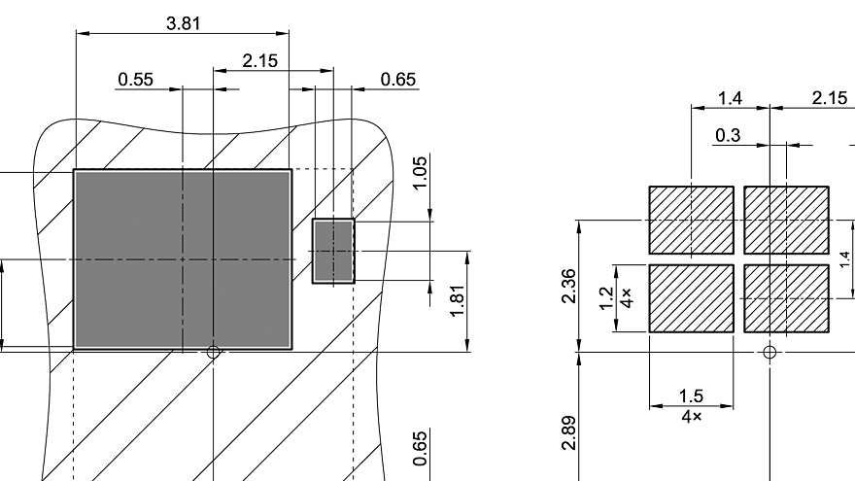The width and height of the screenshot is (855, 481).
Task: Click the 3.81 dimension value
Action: pyautogui.click(x=183, y=23)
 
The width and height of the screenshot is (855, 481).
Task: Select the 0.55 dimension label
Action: pyautogui.click(x=135, y=80)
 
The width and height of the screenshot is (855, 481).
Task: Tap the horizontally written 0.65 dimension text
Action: pyautogui.click(x=398, y=80)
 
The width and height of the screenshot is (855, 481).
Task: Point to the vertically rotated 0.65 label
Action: pyautogui.click(x=420, y=449)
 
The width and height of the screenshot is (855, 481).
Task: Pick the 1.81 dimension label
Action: pyautogui.click(x=458, y=299)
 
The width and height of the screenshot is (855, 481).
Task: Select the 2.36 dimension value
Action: pyautogui.click(x=569, y=287)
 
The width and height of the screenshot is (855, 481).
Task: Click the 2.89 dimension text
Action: pyautogui.click(x=569, y=433)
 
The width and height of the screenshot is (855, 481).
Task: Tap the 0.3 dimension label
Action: pyautogui.click(x=726, y=136)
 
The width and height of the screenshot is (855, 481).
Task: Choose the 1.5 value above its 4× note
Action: pyautogui.click(x=691, y=396)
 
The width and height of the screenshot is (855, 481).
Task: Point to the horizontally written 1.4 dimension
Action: pyautogui.click(x=730, y=98)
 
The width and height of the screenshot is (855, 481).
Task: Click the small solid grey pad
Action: pyautogui.click(x=333, y=251)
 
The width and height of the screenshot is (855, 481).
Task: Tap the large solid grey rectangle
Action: pyautogui.click(x=183, y=259)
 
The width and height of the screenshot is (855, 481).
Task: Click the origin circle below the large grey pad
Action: pyautogui.click(x=214, y=353)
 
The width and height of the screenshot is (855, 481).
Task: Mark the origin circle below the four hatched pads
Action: pyautogui.click(x=769, y=353)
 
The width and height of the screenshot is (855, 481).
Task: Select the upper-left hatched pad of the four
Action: pyautogui.click(x=691, y=220)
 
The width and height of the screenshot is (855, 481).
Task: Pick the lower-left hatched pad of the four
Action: pyautogui.click(x=691, y=298)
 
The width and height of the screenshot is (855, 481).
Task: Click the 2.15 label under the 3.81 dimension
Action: pyautogui.click(x=259, y=61)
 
